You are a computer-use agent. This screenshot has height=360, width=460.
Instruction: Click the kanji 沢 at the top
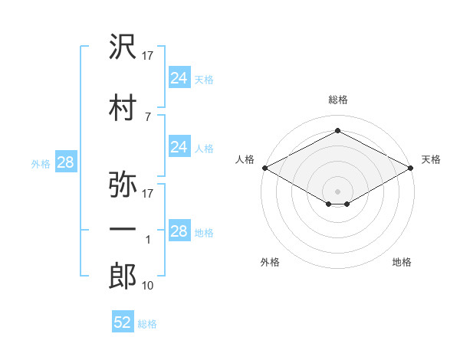123,48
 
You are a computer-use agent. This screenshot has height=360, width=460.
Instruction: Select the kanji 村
123,107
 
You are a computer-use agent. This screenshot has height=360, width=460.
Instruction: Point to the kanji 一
123,229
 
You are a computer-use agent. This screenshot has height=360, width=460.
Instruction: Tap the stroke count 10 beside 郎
147,286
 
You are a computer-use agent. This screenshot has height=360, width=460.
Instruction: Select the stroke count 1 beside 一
148,240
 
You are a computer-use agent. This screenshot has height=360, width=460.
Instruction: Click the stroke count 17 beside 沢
147,57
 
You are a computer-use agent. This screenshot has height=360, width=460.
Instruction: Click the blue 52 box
123,322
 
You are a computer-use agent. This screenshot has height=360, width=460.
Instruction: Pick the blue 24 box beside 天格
179,77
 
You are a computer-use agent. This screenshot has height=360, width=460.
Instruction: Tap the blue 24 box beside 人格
179,147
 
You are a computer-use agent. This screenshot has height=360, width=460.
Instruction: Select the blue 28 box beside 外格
65,162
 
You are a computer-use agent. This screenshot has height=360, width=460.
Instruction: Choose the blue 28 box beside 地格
179,231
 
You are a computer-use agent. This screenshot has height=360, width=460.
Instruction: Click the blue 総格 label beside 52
147,324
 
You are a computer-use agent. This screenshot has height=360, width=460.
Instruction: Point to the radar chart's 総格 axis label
337,100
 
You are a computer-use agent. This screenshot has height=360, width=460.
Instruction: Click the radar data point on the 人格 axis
264,168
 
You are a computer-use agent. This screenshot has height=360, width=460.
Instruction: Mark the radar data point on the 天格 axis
412,168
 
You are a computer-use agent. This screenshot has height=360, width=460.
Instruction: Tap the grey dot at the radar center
337,190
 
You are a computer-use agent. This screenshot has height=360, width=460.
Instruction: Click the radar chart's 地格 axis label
402,262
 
